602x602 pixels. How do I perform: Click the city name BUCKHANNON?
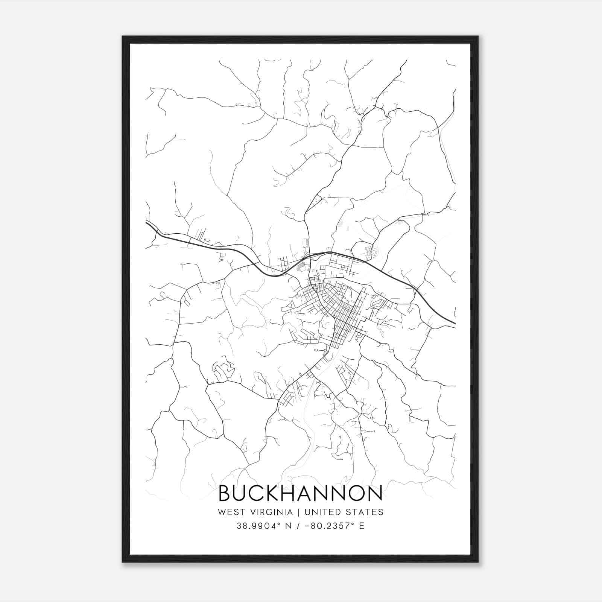tap(301, 493)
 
